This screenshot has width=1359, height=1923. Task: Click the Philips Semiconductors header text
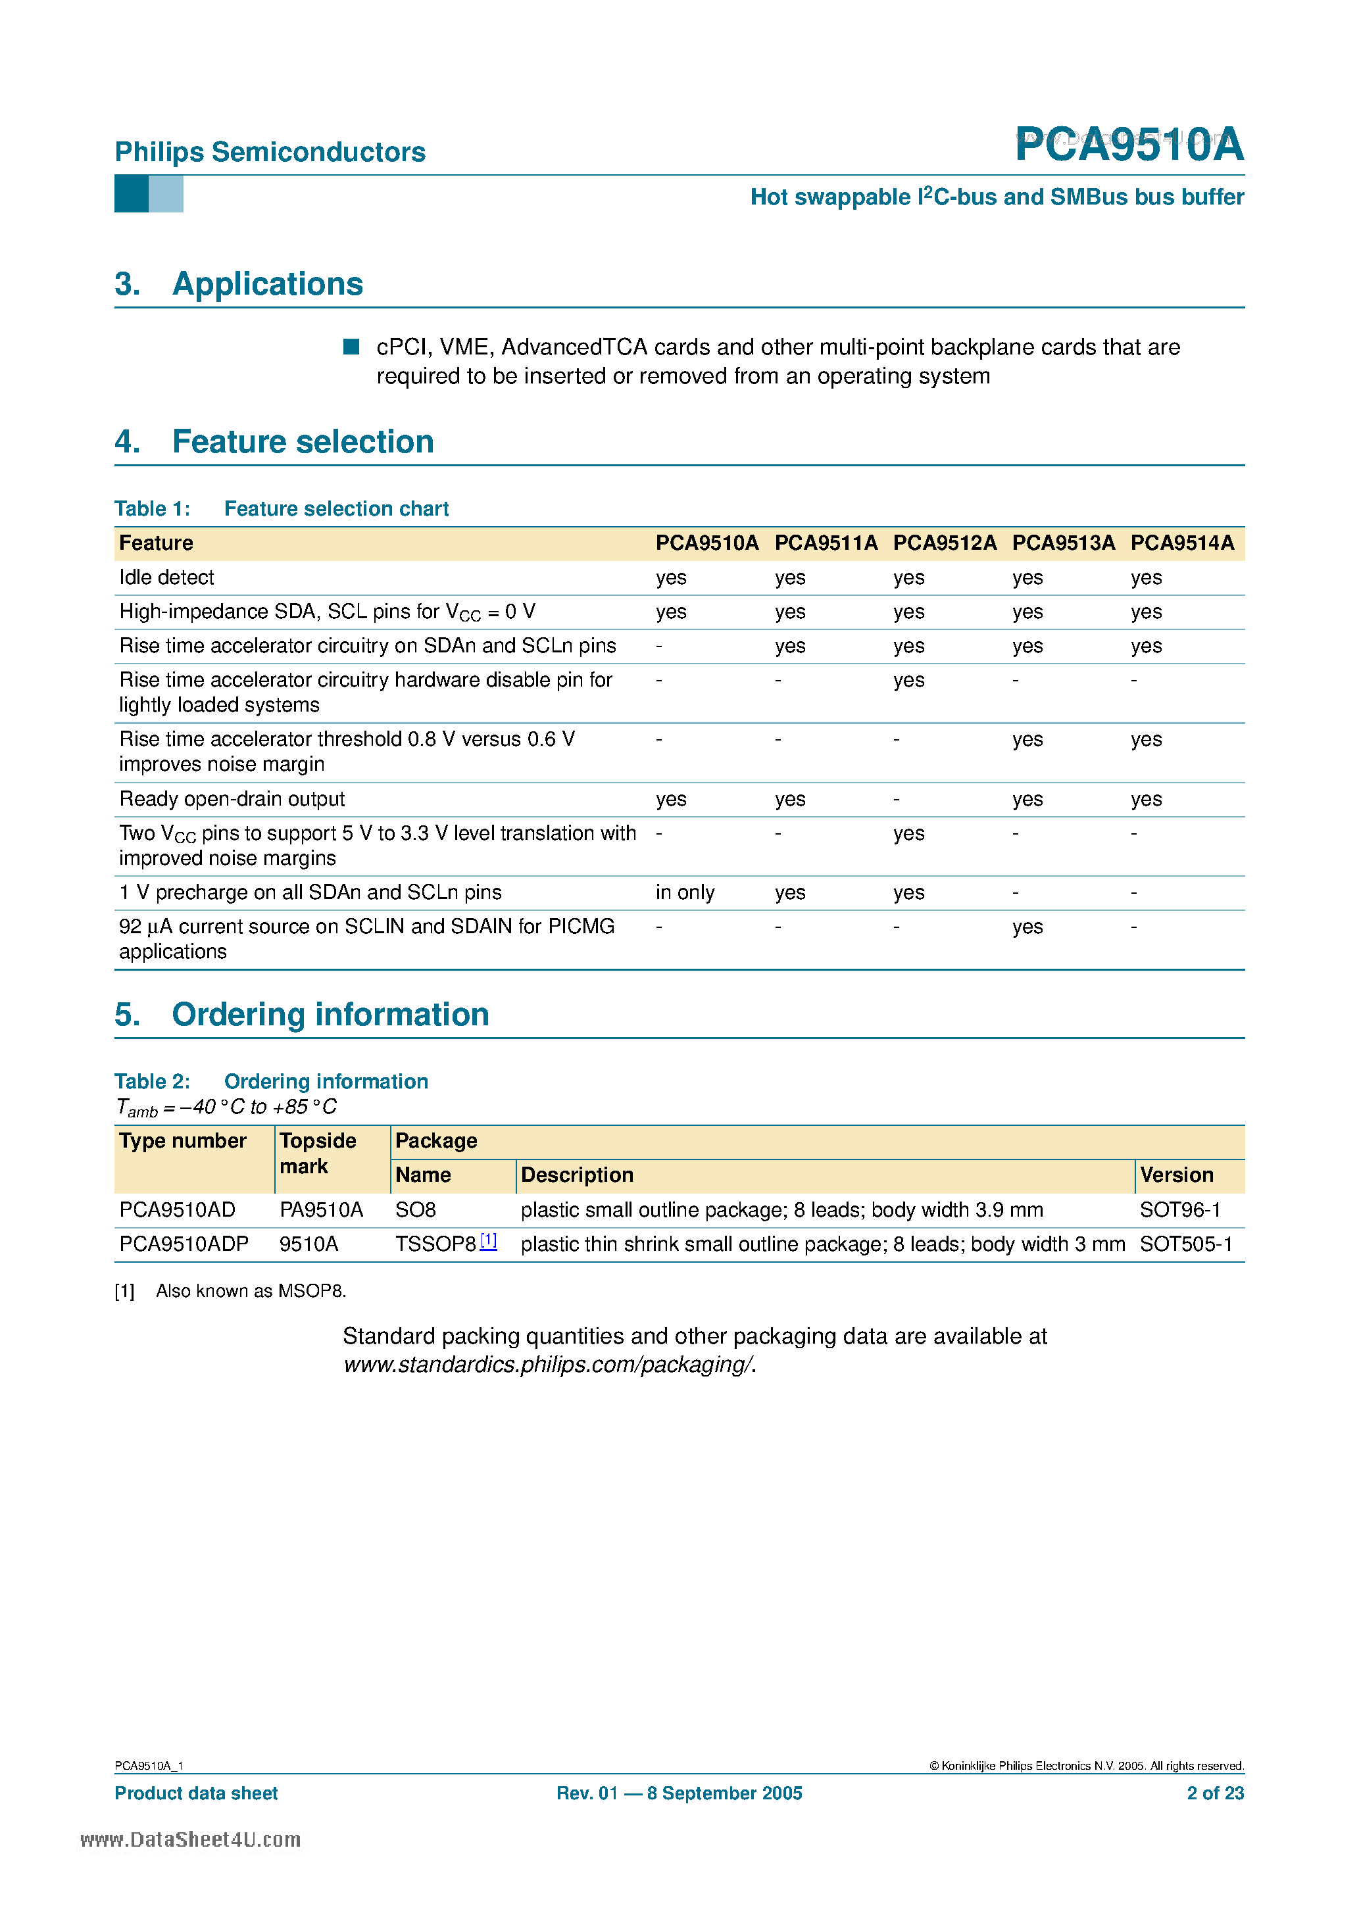point(270,152)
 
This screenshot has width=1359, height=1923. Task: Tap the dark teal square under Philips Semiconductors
point(131,193)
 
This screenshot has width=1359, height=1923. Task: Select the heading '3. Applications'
point(239,284)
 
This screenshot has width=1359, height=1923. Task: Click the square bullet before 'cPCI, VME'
point(351,347)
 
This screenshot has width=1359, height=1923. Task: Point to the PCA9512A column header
point(945,543)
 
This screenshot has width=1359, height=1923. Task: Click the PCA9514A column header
point(1181,543)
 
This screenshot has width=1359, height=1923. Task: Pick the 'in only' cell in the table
point(685,892)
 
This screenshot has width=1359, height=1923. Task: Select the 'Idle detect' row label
point(166,577)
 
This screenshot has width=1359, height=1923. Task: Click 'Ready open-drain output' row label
point(232,799)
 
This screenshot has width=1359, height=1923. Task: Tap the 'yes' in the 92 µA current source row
point(1027,927)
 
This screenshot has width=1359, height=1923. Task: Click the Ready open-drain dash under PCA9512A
point(897,799)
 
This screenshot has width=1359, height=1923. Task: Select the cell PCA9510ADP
point(184,1244)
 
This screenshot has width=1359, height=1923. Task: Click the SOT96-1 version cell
point(1179,1209)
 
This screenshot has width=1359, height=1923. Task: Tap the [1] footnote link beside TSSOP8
point(489,1241)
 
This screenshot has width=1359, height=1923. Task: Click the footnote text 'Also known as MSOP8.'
point(251,1290)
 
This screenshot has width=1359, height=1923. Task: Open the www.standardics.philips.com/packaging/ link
point(549,1365)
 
